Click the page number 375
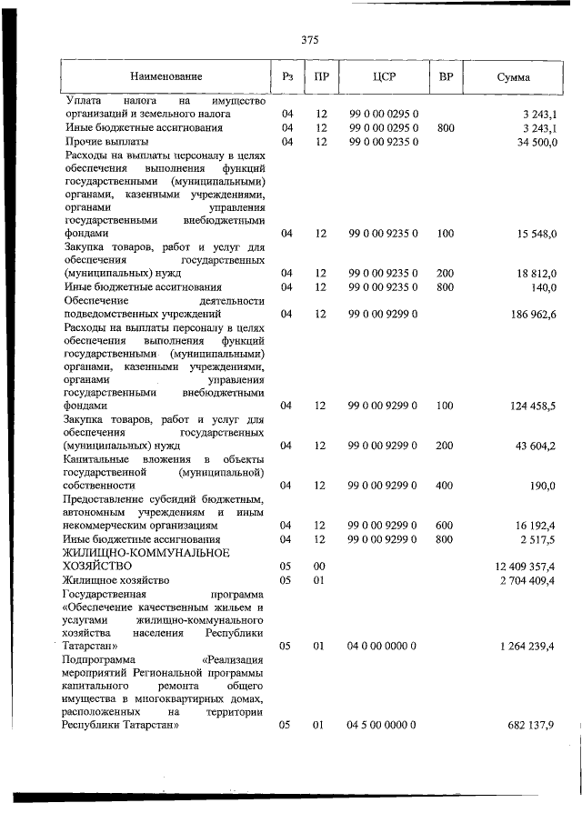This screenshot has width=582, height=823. (309, 39)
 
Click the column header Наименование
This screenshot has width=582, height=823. (166, 77)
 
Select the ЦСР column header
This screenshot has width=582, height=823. (382, 77)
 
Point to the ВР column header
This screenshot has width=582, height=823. (446, 77)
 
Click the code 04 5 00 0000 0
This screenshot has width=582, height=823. (382, 727)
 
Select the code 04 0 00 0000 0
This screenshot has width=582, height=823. (382, 646)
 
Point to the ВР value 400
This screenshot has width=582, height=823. (445, 486)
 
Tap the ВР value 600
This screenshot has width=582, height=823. (445, 526)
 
